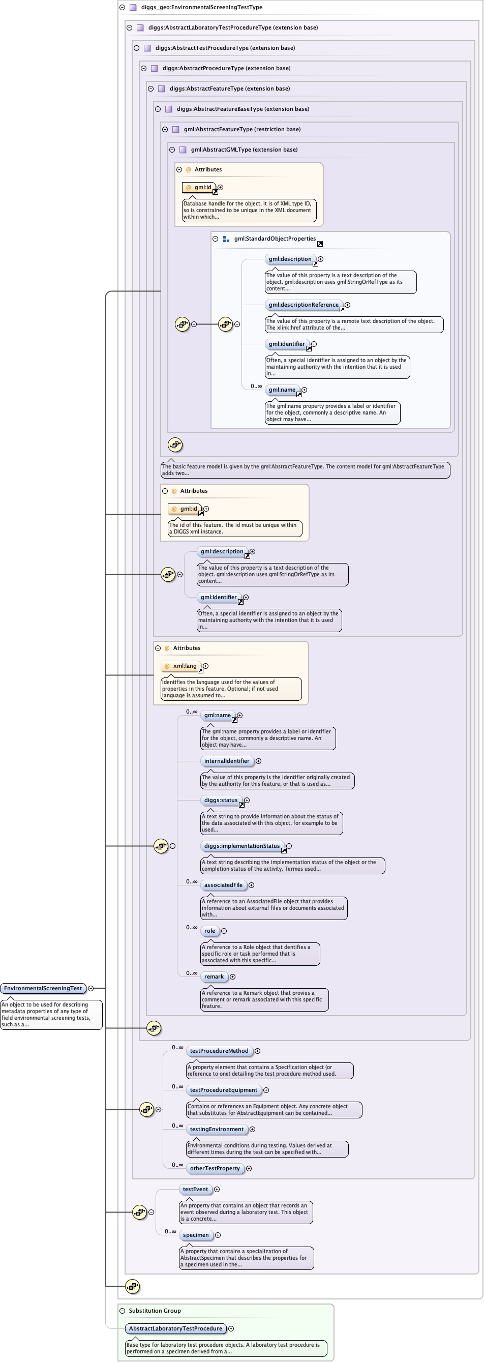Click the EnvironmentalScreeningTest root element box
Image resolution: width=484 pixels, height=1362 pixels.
pyautogui.click(x=43, y=988)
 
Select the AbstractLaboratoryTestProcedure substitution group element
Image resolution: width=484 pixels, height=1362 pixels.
pyautogui.click(x=175, y=1328)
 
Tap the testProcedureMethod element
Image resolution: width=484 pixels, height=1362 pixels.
pyautogui.click(x=219, y=1051)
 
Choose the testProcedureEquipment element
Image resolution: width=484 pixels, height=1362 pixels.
pyautogui.click(x=223, y=1090)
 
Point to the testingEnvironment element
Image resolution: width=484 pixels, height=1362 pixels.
pyautogui.click(x=217, y=1129)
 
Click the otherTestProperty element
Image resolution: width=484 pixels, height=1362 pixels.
pyautogui.click(x=215, y=1168)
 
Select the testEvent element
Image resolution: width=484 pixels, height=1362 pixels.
pyautogui.click(x=195, y=1189)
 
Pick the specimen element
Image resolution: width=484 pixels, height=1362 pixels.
pyautogui.click(x=196, y=1235)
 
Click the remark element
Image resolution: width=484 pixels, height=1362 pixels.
pyautogui.click(x=214, y=976)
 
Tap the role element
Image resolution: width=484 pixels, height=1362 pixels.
pyautogui.click(x=210, y=931)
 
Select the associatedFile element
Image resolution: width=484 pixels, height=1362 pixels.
pyautogui.click(x=223, y=885)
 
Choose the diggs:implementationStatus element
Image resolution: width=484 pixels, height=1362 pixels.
pyautogui.click(x=242, y=846)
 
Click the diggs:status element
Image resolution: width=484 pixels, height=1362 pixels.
pyautogui.click(x=221, y=800)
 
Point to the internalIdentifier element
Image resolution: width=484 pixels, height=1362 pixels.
pyautogui.click(x=227, y=761)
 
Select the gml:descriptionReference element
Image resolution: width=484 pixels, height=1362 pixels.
pyautogui.click(x=304, y=305)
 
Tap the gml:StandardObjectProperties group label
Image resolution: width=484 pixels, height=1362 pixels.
pyautogui.click(x=275, y=239)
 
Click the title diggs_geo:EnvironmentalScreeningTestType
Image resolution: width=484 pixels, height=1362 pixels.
pyautogui.click(x=201, y=8)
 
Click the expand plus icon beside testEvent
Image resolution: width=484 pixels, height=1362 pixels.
pyautogui.click(x=217, y=1189)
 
